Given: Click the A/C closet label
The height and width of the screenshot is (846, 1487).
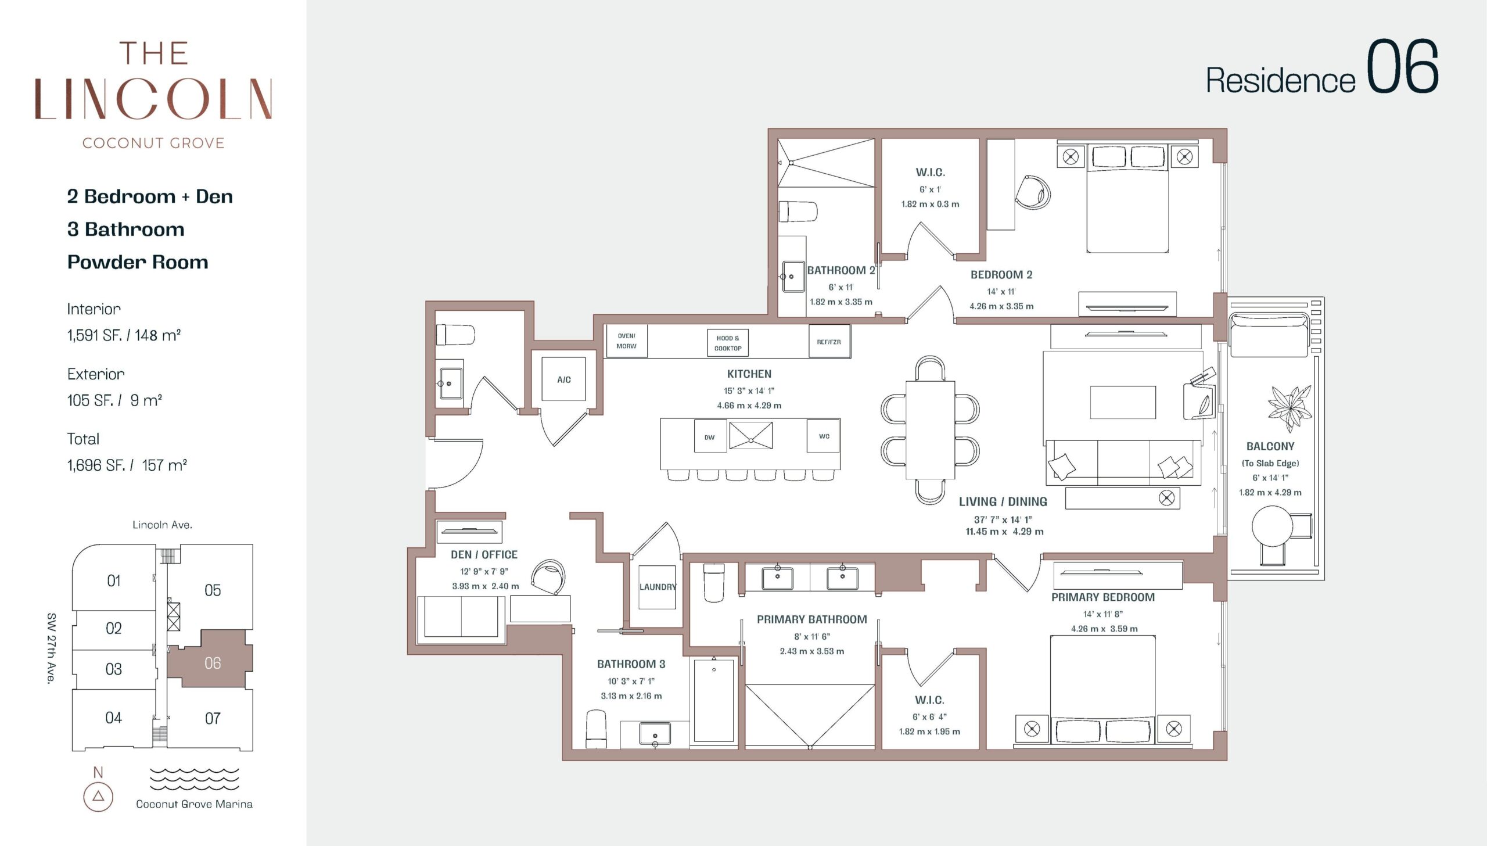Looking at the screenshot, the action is pyautogui.click(x=564, y=379).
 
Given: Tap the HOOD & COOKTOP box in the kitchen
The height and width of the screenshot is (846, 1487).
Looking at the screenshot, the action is pyautogui.click(x=728, y=343).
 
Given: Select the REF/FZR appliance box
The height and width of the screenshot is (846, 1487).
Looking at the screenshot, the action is pyautogui.click(x=829, y=342).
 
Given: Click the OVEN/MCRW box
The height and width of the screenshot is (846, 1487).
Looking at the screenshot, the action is pyautogui.click(x=626, y=341).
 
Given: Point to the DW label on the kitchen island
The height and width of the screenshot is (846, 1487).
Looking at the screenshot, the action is pyautogui.click(x=710, y=438).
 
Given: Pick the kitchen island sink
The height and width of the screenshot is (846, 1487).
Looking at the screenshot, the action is pyautogui.click(x=751, y=436).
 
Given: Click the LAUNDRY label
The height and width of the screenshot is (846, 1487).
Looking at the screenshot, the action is pyautogui.click(x=658, y=587).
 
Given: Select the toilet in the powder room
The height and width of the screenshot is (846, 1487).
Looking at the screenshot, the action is pyautogui.click(x=455, y=335).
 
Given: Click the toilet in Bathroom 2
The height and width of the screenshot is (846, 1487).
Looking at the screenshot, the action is pyautogui.click(x=798, y=212).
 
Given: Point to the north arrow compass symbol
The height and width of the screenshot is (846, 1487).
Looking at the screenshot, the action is pyautogui.click(x=98, y=796).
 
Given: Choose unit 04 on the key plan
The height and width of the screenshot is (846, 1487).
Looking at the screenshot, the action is pyautogui.click(x=114, y=718).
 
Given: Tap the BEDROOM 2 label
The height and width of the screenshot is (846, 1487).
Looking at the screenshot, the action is pyautogui.click(x=1001, y=275).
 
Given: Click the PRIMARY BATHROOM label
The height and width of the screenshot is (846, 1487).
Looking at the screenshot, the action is pyautogui.click(x=811, y=619).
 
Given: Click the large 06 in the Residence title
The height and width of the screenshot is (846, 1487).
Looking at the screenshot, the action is pyautogui.click(x=1402, y=67).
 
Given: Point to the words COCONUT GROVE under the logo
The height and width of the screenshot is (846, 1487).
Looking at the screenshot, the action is pyautogui.click(x=153, y=143).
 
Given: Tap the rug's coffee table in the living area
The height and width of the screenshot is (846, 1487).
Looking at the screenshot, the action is pyautogui.click(x=1123, y=402).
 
